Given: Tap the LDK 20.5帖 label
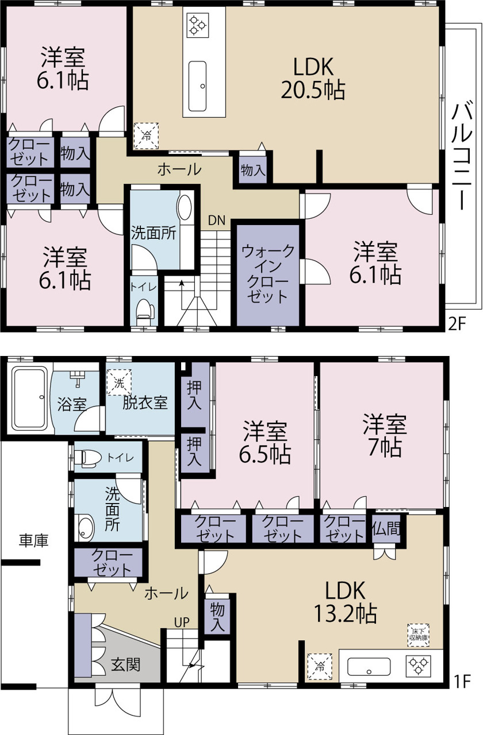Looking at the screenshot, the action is click(x=313, y=78).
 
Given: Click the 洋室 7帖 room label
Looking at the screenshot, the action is click(x=385, y=436).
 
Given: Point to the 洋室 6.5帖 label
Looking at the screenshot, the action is click(x=265, y=442).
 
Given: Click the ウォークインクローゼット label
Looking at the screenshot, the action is click(x=268, y=274).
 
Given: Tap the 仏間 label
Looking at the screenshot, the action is click(x=386, y=528).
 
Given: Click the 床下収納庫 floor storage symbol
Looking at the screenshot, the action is click(x=419, y=635).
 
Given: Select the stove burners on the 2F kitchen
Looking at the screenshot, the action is click(x=197, y=25).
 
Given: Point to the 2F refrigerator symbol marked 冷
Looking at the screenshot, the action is click(x=146, y=136).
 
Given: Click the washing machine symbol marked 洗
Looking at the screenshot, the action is click(x=119, y=382).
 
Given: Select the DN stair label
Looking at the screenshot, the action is click(x=217, y=220).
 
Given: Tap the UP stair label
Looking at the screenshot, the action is click(x=182, y=622).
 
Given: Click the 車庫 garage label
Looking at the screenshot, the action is click(x=33, y=540).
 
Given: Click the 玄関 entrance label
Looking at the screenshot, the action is click(x=126, y=665).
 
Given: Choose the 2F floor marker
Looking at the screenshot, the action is click(x=457, y=324).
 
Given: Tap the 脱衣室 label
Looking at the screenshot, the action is click(x=145, y=403).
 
